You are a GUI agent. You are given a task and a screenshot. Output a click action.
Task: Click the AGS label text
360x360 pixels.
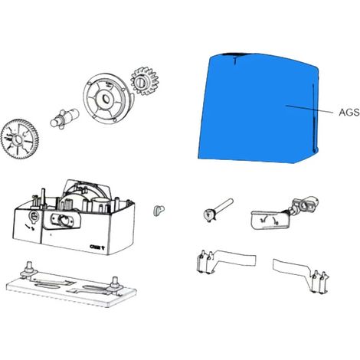tap(349, 113)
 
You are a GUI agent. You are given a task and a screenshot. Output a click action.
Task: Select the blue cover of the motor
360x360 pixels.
tap(258, 109)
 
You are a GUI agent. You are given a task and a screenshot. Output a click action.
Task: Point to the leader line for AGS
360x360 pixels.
tap(309, 109)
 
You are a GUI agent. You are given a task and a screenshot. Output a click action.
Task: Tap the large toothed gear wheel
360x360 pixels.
tap(19, 139)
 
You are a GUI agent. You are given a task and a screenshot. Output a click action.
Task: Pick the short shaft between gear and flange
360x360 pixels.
tap(64, 119)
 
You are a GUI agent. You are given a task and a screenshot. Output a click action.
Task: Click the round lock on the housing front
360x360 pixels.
tap(34, 217)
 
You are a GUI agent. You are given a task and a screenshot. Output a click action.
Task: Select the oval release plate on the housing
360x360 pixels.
tap(62, 219)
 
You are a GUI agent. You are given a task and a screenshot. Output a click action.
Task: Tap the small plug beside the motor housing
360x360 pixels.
tap(159, 211)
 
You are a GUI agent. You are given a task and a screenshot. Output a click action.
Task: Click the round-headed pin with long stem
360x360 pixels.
tap(218, 211)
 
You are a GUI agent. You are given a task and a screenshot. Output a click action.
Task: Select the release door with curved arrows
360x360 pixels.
tap(270, 220)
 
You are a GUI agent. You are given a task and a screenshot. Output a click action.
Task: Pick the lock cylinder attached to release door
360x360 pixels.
tap(304, 205)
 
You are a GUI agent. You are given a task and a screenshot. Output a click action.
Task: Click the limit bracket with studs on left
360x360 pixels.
tap(225, 262)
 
